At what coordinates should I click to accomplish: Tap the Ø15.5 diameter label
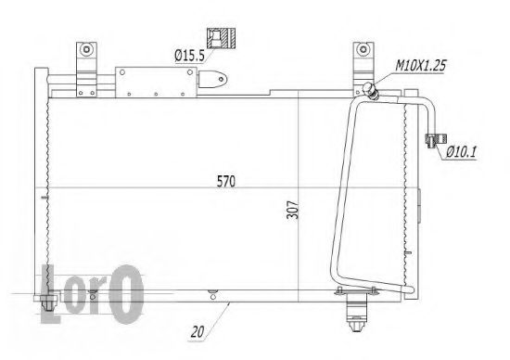pos(190,57)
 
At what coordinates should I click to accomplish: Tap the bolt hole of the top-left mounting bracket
pos(86,49)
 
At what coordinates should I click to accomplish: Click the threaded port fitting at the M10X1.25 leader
pos(371,89)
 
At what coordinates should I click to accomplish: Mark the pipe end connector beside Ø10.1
pos(431,140)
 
